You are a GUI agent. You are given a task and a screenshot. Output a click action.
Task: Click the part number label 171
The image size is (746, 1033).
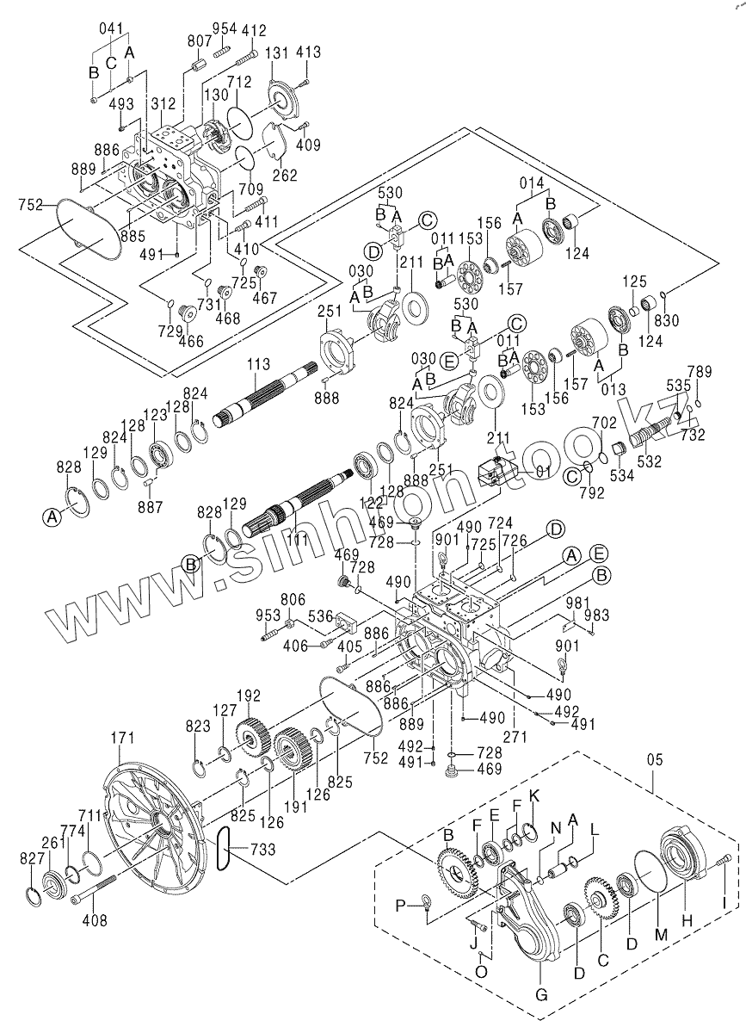pyautogui.click(x=125, y=738)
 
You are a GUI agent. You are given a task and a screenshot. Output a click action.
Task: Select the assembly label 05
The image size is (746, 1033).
pyautogui.click(x=655, y=760)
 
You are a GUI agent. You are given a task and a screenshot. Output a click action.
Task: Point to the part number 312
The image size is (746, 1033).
pyautogui.click(x=163, y=104)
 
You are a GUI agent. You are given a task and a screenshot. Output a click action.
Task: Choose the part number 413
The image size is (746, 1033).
pyautogui.click(x=307, y=53)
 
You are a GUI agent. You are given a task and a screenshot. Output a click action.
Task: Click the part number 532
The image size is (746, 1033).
pyautogui.click(x=649, y=461)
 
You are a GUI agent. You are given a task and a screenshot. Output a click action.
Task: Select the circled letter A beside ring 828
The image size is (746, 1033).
pyautogui.click(x=52, y=516)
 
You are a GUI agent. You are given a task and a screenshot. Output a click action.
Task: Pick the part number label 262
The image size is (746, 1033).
pyautogui.click(x=285, y=176)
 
